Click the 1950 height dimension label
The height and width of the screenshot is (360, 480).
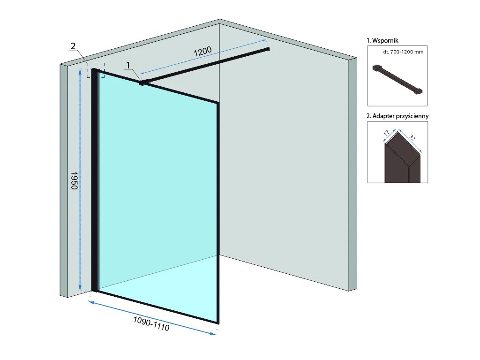[x=74, y=180]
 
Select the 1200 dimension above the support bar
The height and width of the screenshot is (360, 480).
[x=203, y=52]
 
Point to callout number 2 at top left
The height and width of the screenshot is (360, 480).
[x=73, y=46]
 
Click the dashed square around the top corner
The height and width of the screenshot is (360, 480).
[x=96, y=70]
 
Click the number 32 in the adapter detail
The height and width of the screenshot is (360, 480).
[x=412, y=138]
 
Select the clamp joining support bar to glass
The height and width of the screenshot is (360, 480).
[x=141, y=83]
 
